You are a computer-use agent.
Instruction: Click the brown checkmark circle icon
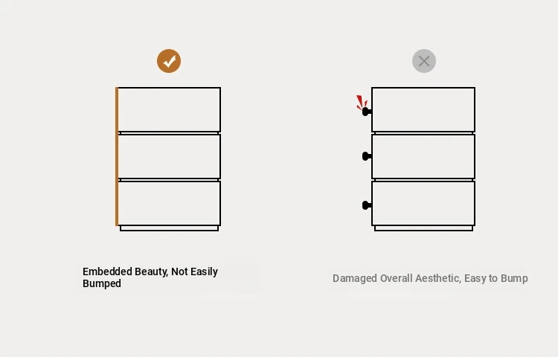pyautogui.click(x=169, y=61)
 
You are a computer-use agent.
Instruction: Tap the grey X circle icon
pyautogui.click(x=424, y=61)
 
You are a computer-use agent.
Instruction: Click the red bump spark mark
pyautogui.click(x=362, y=102)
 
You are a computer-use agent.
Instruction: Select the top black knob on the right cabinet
pyautogui.click(x=367, y=112)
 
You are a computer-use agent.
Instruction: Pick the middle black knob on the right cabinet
pyautogui.click(x=367, y=156)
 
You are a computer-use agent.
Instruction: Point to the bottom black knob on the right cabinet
pyautogui.click(x=367, y=205)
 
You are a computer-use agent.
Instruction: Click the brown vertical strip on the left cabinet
pyautogui.click(x=117, y=156)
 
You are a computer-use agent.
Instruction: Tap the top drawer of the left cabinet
pyautogui.click(x=169, y=109)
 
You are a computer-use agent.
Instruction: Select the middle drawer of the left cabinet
pyautogui.click(x=169, y=156)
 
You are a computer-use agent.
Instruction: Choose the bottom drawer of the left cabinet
pyautogui.click(x=169, y=203)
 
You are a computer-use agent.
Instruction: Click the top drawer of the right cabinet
pyautogui.click(x=423, y=109)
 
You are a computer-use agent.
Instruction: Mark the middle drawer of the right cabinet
pyautogui.click(x=423, y=156)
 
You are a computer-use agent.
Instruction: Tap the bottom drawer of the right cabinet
pyautogui.click(x=423, y=203)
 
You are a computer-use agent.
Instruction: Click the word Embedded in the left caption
pyautogui.click(x=107, y=271)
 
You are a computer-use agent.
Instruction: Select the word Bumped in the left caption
pyautogui.click(x=102, y=284)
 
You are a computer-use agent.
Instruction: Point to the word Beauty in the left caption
pyautogui.click(x=151, y=272)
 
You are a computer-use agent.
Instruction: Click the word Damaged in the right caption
pyautogui.click(x=355, y=278)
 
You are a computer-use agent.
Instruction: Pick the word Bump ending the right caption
pyautogui.click(x=514, y=278)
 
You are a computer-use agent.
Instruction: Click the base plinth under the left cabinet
pyautogui.click(x=169, y=228)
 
